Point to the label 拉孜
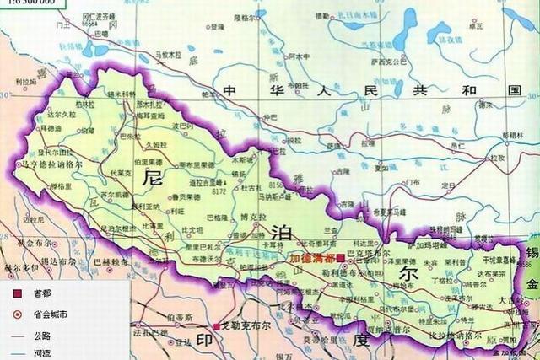click(498, 157)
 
